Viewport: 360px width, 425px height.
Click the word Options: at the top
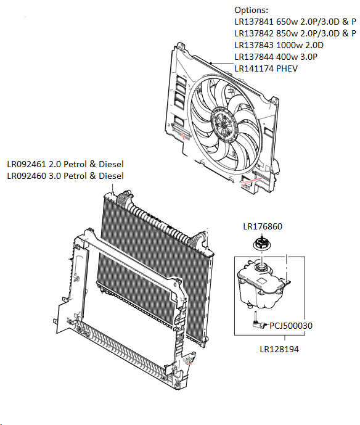252,10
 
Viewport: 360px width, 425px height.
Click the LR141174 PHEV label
266,68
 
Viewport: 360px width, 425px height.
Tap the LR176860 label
263,227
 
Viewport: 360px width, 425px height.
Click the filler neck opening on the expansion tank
263,266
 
